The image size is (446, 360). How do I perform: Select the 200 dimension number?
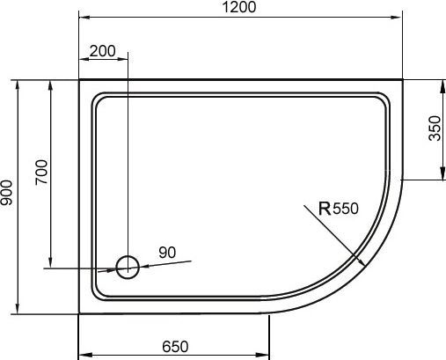pos(103,51)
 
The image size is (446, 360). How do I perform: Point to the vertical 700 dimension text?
pos(41,173)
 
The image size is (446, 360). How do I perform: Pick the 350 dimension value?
pos(434,129)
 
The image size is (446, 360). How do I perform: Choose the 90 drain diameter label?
pos(167,253)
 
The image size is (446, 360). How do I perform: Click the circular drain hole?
pos(128,267)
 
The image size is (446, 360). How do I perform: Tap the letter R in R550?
pos(324,209)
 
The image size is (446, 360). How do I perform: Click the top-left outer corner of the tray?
pos(79,80)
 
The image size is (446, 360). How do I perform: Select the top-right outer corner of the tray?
pos(404,80)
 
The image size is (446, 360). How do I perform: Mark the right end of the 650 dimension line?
pos(269,355)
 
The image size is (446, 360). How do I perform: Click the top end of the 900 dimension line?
pos(17,80)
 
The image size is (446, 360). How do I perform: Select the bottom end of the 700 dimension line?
pos(50,267)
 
